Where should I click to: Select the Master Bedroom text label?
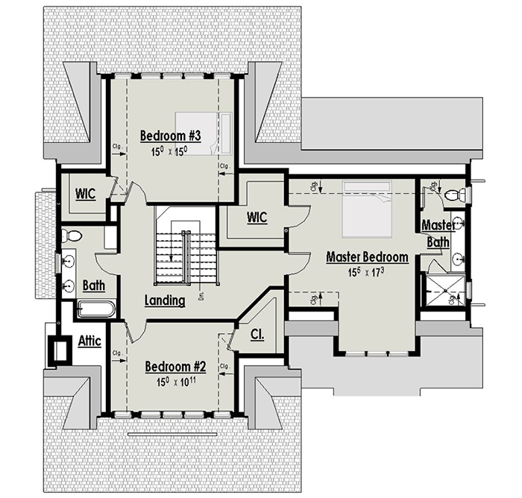(367, 257)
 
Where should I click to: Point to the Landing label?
(165, 301)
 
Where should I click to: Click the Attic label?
(90, 341)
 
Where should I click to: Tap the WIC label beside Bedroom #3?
(85, 193)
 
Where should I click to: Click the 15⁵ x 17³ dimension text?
(367, 273)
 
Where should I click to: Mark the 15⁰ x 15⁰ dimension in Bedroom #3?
(169, 151)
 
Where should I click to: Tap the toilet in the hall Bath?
(72, 237)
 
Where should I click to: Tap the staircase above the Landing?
(184, 246)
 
